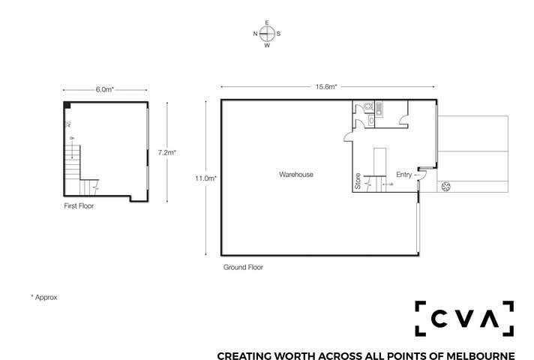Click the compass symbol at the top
point(267,34)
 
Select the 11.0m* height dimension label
point(206,178)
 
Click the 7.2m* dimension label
point(166,152)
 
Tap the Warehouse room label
point(296,175)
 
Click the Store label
point(358,182)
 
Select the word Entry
point(404,175)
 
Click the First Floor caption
point(79,205)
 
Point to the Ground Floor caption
point(243,267)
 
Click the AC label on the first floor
point(69,124)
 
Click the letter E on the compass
point(267,23)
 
